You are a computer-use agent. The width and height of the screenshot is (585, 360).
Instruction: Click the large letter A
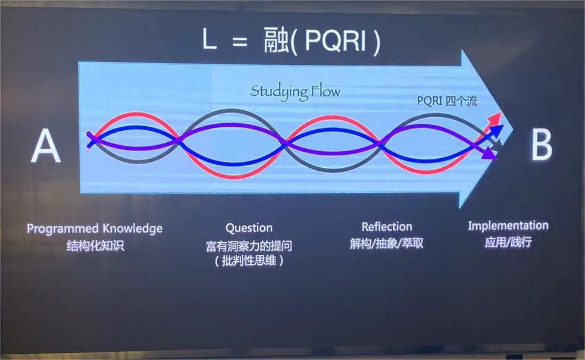click(45, 146)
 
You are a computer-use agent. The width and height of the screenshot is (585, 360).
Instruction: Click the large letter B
click(542, 146)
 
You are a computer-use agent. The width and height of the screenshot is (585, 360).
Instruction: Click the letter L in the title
click(209, 39)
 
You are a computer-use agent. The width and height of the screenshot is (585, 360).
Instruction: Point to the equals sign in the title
click(239, 41)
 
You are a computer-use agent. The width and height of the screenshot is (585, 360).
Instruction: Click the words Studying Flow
click(295, 92)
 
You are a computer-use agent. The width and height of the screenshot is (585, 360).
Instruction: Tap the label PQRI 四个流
click(447, 101)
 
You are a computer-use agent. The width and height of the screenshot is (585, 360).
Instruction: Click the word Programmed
click(62, 228)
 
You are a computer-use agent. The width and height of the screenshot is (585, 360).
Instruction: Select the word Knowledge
click(133, 228)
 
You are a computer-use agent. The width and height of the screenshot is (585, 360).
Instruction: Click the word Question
click(249, 227)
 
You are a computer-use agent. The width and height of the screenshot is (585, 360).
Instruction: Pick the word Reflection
click(387, 227)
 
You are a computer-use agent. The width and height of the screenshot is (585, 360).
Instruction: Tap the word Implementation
click(508, 226)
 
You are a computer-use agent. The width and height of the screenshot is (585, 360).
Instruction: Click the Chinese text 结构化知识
click(95, 246)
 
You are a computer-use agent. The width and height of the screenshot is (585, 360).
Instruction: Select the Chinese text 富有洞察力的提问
click(249, 246)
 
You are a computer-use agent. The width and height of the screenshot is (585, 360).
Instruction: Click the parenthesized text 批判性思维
click(249, 261)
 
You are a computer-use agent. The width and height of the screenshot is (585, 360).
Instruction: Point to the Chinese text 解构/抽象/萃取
click(387, 243)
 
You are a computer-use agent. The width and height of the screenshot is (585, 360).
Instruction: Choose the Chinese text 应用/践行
click(508, 242)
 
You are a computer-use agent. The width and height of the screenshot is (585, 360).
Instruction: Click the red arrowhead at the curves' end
click(496, 120)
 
